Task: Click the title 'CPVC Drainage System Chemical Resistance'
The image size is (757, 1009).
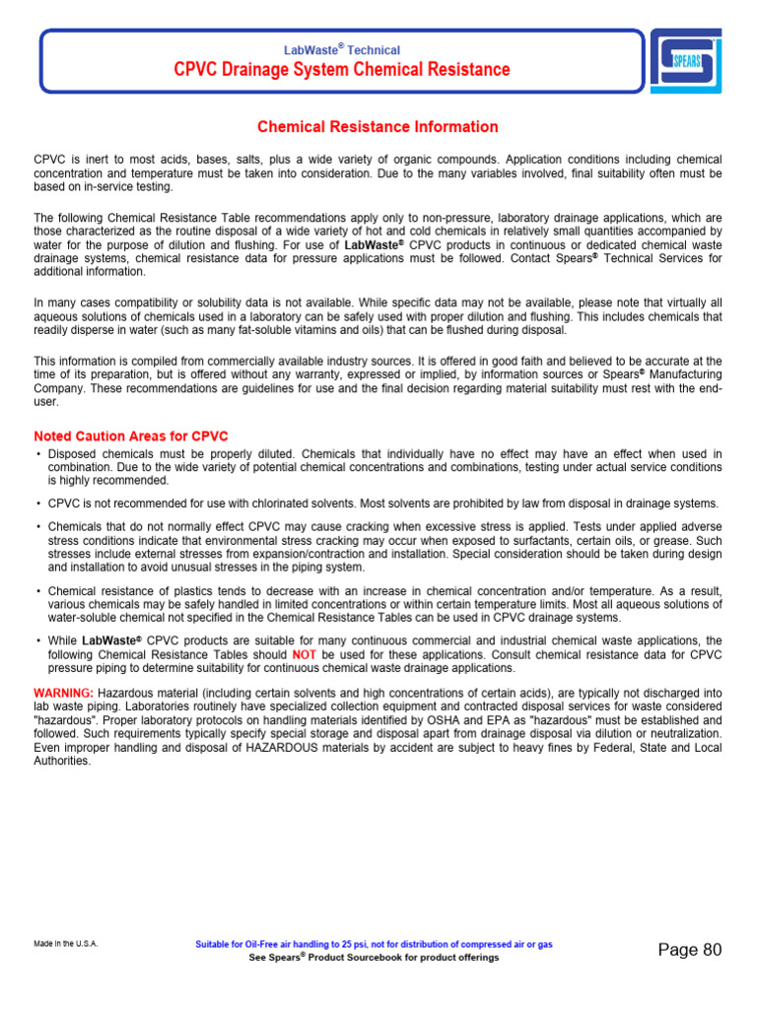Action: point(342,70)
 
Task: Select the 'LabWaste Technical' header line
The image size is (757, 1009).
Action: point(342,49)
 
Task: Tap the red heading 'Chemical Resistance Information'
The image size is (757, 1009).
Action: point(378,127)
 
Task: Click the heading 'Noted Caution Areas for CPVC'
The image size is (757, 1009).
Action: point(131,437)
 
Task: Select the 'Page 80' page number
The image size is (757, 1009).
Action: point(690,950)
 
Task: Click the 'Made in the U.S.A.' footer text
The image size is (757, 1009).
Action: point(65,944)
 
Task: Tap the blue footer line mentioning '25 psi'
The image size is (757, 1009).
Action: point(375,944)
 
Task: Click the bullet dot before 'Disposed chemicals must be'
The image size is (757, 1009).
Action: point(37,454)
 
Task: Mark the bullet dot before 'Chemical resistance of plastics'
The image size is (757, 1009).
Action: point(37,591)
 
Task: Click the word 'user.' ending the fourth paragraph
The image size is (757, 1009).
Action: point(46,401)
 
